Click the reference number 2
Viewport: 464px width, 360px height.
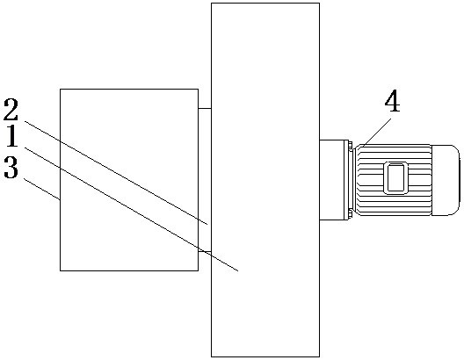tap(11, 110)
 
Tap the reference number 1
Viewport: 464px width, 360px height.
tap(12, 136)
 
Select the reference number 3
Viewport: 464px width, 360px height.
tap(11, 168)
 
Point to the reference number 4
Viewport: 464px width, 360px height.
tap(393, 100)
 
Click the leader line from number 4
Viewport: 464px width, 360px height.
tap(376, 132)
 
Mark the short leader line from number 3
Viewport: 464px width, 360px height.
tap(41, 189)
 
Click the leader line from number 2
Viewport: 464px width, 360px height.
tap(116, 173)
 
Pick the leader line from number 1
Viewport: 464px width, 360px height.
tap(132, 209)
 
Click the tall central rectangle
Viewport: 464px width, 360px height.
tap(265, 180)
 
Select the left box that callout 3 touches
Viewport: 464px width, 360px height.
tap(129, 180)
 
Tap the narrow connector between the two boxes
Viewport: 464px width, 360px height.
tap(205, 180)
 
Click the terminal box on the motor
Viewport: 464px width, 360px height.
tap(395, 178)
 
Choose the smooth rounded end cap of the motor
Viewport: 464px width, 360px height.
tap(446, 180)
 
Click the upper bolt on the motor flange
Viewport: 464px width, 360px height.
tap(351, 146)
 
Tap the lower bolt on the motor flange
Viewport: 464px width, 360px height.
tap(351, 214)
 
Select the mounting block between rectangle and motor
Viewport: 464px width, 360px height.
tap(331, 180)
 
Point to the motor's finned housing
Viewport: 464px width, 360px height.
tap(393, 180)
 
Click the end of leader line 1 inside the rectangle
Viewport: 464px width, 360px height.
tap(238, 270)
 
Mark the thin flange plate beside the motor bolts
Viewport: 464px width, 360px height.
tap(346, 180)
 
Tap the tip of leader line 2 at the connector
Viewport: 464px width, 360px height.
tap(207, 225)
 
